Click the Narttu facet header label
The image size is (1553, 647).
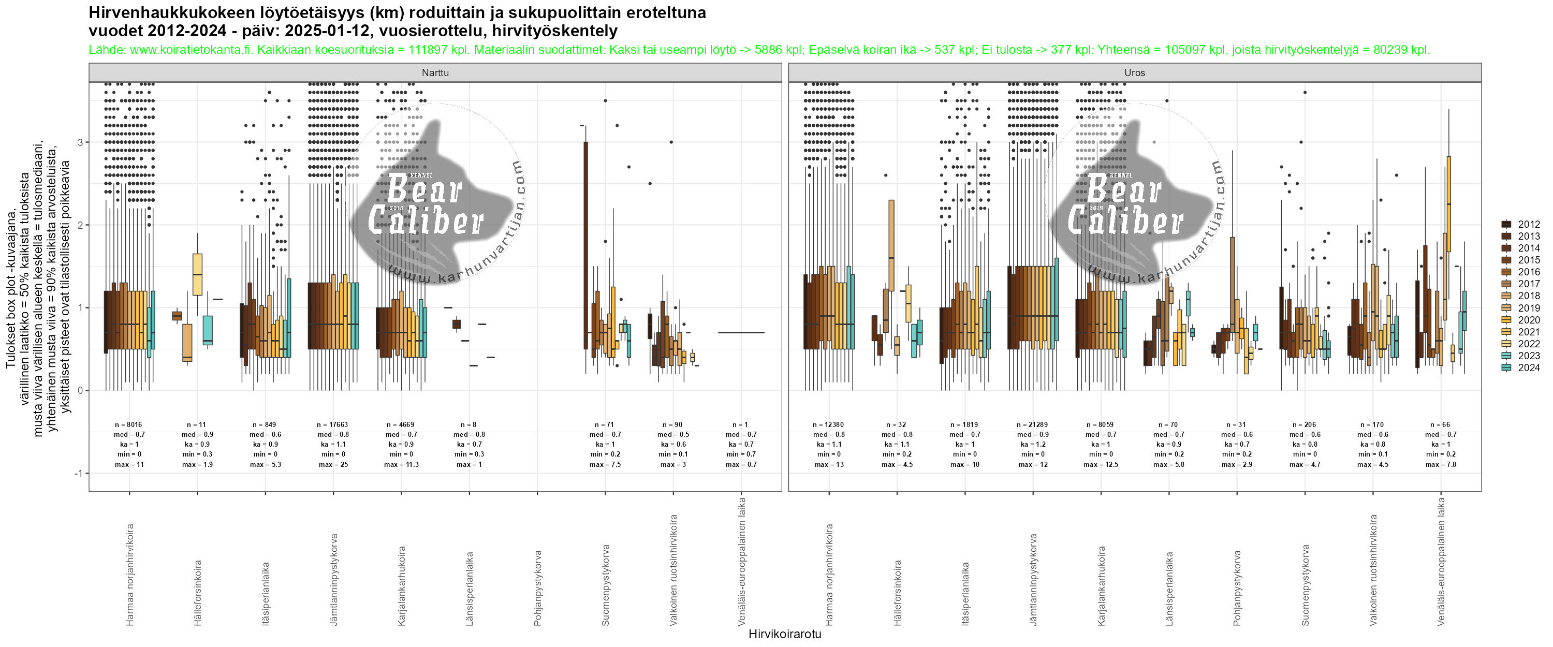[435, 73]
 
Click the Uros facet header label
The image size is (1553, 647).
[1134, 73]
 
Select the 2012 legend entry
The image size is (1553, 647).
[1528, 224]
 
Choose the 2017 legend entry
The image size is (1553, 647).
[1528, 284]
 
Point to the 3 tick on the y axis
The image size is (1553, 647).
[80, 142]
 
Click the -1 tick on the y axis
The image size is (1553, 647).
[78, 473]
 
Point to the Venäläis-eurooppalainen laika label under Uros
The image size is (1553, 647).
[1441, 561]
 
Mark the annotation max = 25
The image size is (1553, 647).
[333, 464]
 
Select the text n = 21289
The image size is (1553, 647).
[1033, 424]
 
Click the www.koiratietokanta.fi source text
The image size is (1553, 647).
[191, 50]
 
